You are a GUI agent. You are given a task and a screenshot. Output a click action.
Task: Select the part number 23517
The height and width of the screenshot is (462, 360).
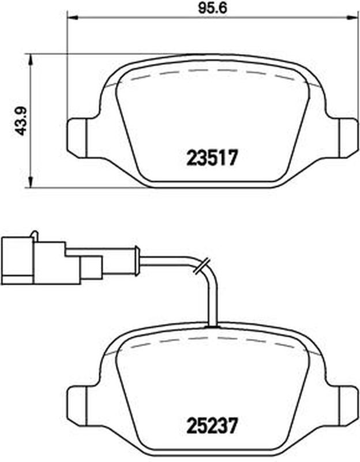(212, 157)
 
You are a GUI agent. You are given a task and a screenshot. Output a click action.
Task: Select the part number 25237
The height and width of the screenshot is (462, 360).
(212, 425)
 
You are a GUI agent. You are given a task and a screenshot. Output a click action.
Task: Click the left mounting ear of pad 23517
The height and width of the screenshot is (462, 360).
(77, 137)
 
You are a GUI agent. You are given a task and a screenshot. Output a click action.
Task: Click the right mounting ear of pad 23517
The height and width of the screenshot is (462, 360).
(348, 137)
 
